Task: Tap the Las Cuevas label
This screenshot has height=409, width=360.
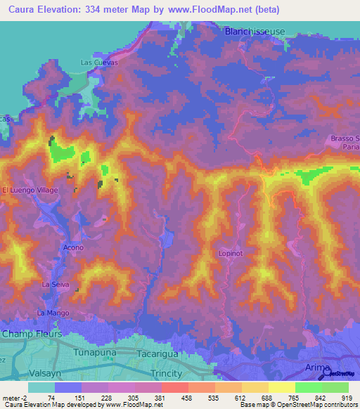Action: pyautogui.click(x=98, y=63)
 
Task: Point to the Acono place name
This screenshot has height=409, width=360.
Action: pyautogui.click(x=73, y=248)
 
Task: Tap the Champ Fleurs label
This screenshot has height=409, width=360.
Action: pyautogui.click(x=32, y=333)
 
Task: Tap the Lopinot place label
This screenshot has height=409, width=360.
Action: pyautogui.click(x=231, y=253)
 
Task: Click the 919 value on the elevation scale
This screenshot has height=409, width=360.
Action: pyautogui.click(x=347, y=397)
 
